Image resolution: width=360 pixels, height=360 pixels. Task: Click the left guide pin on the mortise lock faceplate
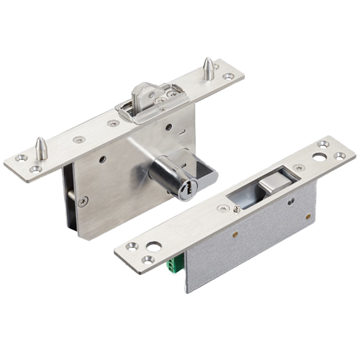pos(42,148)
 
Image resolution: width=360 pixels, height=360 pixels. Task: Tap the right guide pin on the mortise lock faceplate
pos(207,68)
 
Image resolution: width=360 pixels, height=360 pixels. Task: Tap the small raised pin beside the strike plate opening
pos(238,208)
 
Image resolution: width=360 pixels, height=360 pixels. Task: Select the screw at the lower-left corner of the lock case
pos(84,202)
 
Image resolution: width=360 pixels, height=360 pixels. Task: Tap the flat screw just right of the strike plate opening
pos(297,168)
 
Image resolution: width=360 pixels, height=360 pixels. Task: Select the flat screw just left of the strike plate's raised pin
pos(220,210)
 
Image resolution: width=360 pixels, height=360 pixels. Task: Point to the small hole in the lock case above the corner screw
pos(103,159)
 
